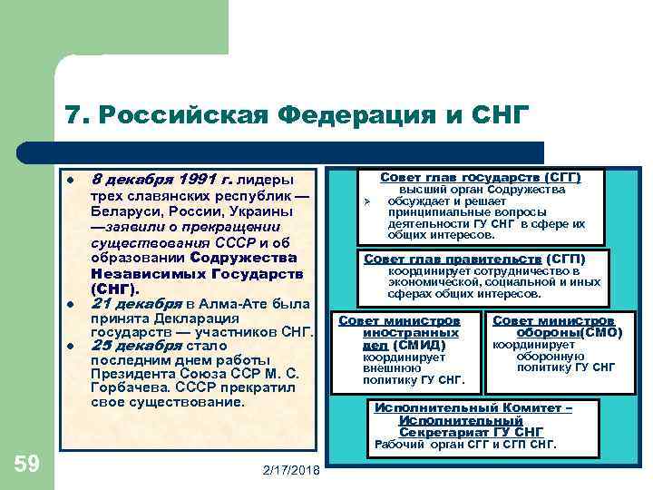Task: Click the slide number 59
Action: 27,465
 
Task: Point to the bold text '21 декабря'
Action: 131,303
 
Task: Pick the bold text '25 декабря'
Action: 131,346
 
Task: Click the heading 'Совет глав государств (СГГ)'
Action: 480,177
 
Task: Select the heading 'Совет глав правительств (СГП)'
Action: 474,259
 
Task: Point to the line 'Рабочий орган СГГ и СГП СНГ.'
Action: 465,445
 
